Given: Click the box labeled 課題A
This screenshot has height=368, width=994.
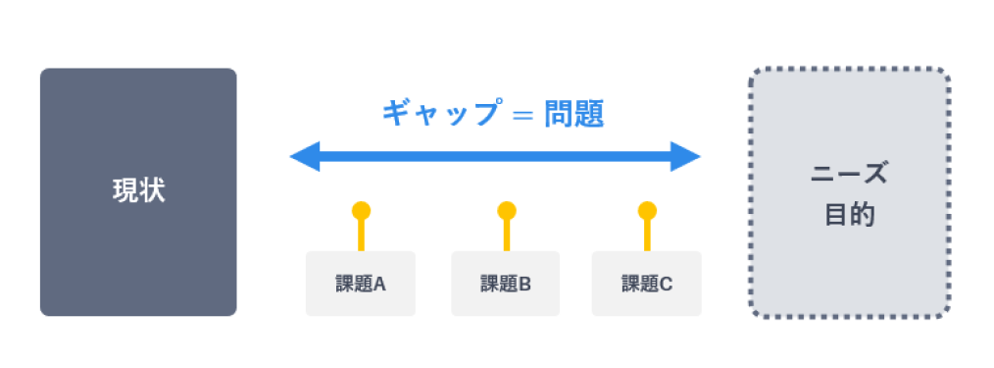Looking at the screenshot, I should (x=360, y=284).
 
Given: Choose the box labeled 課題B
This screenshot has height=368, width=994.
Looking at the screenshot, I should (x=505, y=284).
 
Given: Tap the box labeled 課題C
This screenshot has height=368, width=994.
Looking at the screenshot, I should (x=646, y=284).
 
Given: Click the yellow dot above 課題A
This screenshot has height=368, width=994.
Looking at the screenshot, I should (x=361, y=210).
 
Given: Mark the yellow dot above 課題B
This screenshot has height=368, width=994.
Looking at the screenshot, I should (x=506, y=210).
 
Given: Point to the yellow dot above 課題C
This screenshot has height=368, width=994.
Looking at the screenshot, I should (x=647, y=210).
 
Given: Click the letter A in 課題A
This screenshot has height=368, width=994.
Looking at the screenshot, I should (x=379, y=285).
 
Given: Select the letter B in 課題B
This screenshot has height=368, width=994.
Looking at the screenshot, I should (x=524, y=285).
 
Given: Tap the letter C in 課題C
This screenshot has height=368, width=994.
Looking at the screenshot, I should (x=666, y=285).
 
